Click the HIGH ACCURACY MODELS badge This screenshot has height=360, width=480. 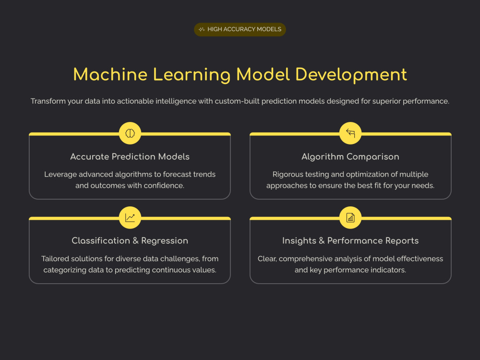(x=240, y=29)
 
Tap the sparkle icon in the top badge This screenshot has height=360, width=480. (x=202, y=29)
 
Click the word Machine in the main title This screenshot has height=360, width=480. (x=110, y=74)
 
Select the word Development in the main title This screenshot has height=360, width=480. (x=351, y=75)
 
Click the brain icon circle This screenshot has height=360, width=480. (x=130, y=133)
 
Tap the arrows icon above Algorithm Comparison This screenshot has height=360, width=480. (x=350, y=133)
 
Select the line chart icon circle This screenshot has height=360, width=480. (x=130, y=217)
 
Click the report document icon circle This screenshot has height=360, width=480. (x=350, y=217)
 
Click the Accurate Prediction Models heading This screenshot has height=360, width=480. (x=130, y=156)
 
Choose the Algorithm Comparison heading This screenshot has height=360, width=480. (x=350, y=157)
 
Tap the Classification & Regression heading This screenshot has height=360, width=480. (x=130, y=241)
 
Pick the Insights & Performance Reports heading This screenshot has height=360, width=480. (x=350, y=241)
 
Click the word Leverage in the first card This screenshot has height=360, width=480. (x=60, y=175)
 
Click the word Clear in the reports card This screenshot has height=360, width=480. (x=267, y=259)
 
